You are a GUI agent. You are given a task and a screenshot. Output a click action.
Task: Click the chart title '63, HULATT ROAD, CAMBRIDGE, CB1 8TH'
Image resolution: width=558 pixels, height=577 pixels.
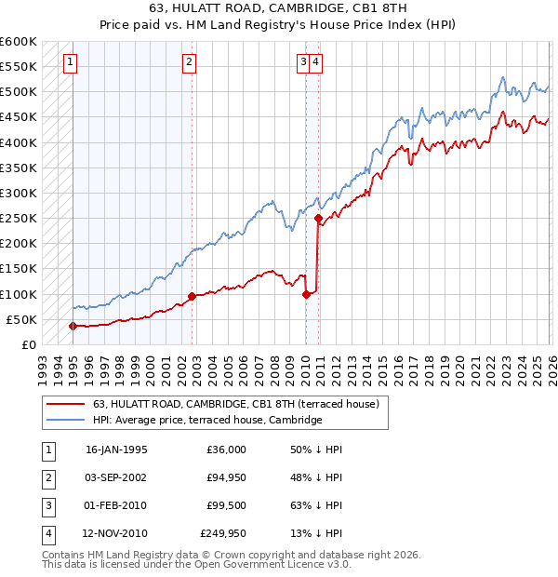(279, 10)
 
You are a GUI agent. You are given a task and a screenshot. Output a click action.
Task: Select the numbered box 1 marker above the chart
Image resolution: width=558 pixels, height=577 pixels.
(72, 62)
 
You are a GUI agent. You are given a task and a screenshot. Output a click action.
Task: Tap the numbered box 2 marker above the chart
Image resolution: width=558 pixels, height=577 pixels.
(189, 62)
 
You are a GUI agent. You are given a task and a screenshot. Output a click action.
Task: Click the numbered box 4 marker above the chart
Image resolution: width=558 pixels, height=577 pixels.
(317, 62)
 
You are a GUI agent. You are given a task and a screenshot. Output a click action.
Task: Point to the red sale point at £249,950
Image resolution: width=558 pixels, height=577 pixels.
(319, 219)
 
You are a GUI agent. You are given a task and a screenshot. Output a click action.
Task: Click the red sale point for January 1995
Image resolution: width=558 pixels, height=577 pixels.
(73, 326)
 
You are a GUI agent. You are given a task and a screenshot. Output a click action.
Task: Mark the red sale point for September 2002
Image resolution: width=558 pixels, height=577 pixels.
(192, 297)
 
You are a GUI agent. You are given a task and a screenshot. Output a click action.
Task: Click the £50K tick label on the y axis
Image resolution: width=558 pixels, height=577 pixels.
(21, 319)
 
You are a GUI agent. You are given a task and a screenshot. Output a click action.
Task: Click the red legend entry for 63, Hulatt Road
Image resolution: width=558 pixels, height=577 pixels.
(235, 405)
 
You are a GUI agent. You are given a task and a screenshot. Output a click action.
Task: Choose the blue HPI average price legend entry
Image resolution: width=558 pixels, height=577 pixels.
(206, 421)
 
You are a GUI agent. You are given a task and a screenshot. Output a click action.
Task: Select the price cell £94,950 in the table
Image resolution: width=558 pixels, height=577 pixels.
(223, 477)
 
